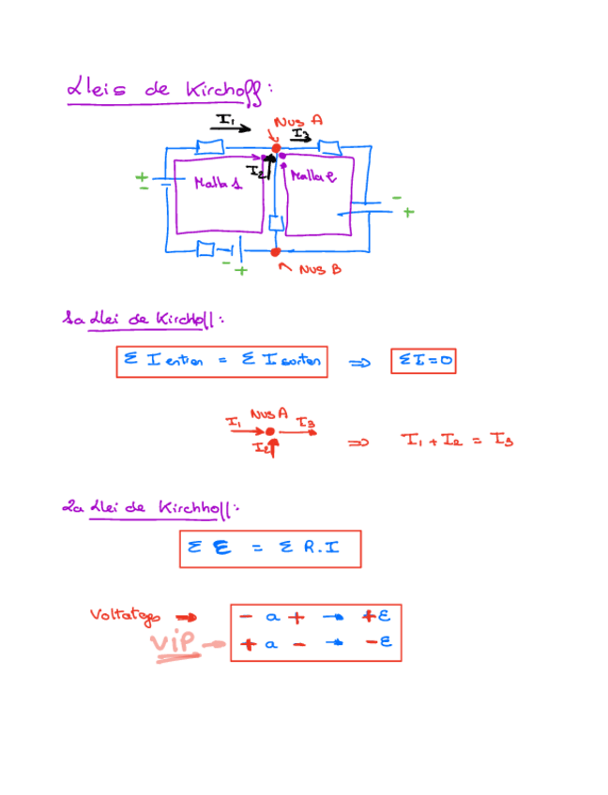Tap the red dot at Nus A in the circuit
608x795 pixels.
(x=276, y=148)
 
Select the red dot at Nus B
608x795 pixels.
(x=275, y=252)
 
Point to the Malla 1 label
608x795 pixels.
(x=217, y=184)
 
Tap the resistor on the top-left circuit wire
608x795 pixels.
(x=208, y=147)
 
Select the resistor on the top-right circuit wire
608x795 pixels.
(x=328, y=147)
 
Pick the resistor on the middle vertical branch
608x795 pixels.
(x=275, y=224)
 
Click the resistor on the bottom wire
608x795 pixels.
(x=205, y=250)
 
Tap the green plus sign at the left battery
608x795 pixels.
(x=142, y=176)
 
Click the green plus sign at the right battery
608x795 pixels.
(x=408, y=213)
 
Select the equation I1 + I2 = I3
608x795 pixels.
(x=457, y=440)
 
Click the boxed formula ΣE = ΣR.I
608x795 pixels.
(x=269, y=549)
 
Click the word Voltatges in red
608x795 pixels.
(x=125, y=616)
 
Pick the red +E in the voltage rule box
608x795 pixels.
(x=376, y=617)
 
